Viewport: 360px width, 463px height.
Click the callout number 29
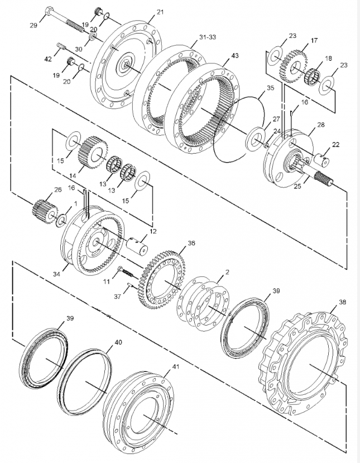[x=33, y=25]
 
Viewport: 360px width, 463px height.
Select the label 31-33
[x=208, y=37]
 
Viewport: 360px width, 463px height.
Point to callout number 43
[x=235, y=55]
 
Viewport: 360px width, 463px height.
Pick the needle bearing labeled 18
[x=313, y=77]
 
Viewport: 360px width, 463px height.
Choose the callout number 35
[x=270, y=88]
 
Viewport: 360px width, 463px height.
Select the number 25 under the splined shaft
[x=297, y=187]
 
